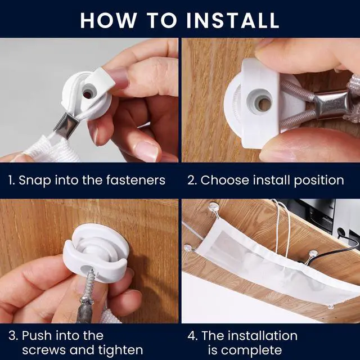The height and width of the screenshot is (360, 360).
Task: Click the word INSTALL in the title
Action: (232, 20)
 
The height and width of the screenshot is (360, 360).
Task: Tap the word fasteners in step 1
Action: (136, 180)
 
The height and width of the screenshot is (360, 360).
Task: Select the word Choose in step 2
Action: (225, 180)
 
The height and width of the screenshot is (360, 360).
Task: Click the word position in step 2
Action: (319, 181)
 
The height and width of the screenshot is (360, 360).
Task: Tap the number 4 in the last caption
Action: (191, 336)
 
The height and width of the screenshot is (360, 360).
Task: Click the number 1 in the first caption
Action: (11, 180)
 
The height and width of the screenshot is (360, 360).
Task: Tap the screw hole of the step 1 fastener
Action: (88, 93)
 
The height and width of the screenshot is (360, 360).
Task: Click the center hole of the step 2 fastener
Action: (264, 104)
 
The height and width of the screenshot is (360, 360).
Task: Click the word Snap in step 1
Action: (35, 181)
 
